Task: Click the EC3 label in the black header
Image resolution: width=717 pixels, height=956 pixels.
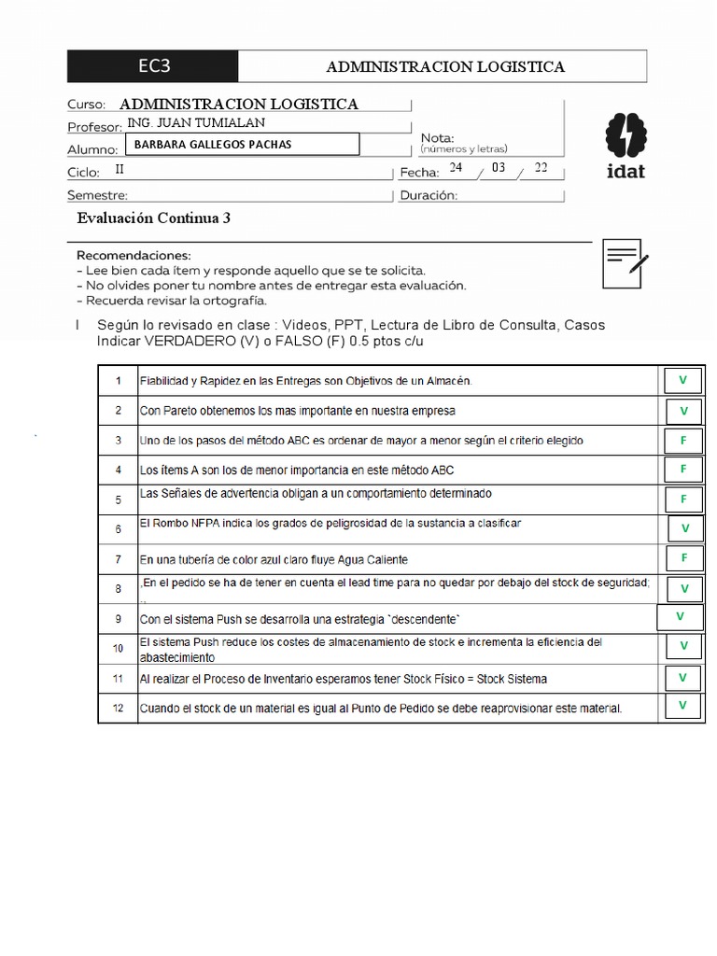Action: pos(154,66)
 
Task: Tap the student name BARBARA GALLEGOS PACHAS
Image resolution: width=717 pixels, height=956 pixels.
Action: pos(213,145)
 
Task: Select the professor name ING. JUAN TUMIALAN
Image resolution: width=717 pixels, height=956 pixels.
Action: pos(195,123)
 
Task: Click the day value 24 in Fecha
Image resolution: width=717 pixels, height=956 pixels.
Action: pos(456,168)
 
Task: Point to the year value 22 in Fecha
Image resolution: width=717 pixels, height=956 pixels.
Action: pos(541,168)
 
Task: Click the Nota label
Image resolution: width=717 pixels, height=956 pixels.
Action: pos(438,138)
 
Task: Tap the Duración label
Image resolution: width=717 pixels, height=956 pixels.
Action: pos(429,196)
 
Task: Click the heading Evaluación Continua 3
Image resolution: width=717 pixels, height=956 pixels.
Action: pos(153,218)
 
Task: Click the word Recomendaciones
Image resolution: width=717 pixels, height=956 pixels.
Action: pos(134,255)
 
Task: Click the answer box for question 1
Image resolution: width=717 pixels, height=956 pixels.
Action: pos(683,380)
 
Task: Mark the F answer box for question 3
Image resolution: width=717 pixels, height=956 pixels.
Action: pos(683,440)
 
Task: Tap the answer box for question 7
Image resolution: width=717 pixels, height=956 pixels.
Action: pos(683,558)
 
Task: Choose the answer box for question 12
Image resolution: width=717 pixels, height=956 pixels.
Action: pos(683,707)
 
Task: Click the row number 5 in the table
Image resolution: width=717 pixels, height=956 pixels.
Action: pos(119,500)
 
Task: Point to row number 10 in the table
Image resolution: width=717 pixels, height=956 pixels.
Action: pos(119,648)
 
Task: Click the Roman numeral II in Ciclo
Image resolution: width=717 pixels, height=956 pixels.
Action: pos(119,170)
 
